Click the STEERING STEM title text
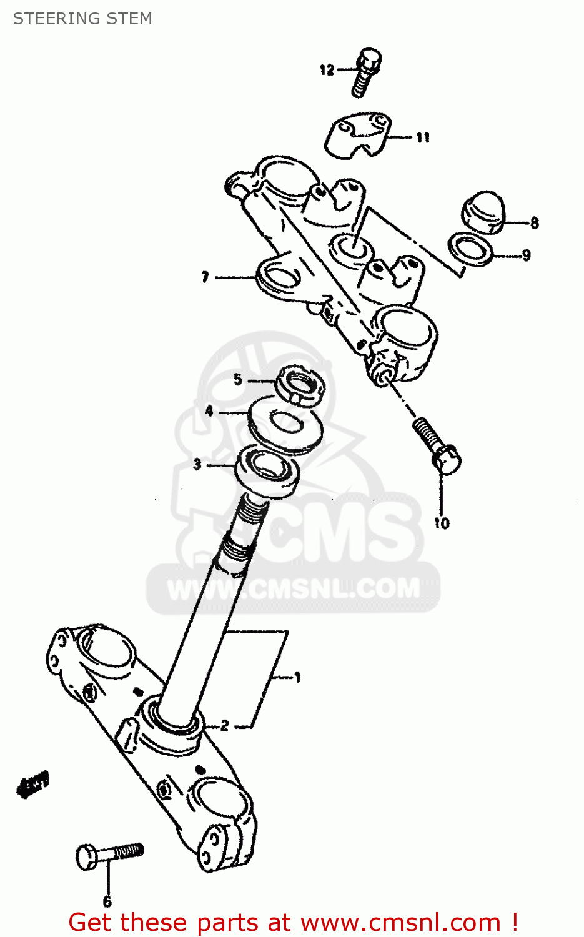(82, 19)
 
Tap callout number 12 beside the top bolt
(327, 70)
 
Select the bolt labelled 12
(366, 72)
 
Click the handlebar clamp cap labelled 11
(358, 134)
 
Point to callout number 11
(423, 137)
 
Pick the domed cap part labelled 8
(483, 212)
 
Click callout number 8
(534, 222)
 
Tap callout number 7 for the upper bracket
(205, 277)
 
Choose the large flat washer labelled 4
(285, 425)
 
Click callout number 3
(197, 464)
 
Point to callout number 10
(442, 523)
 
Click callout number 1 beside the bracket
(297, 677)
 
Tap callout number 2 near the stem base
(225, 725)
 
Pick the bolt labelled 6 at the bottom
(110, 853)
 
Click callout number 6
(107, 901)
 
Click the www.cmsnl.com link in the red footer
(400, 923)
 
